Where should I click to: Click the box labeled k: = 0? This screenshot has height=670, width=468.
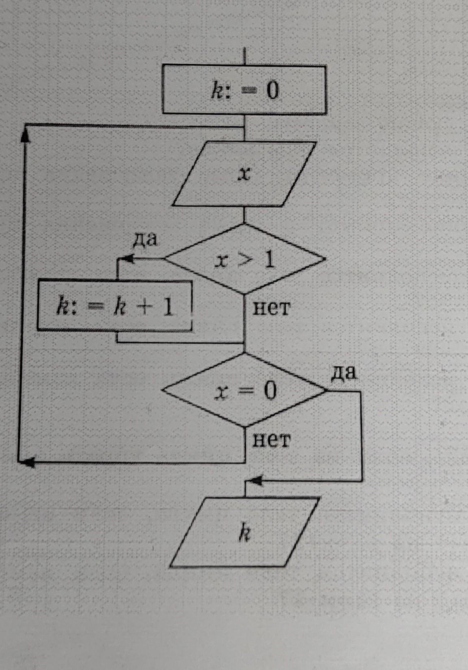point(244,90)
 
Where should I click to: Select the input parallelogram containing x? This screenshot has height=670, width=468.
point(244,174)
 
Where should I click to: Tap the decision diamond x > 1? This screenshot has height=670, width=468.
point(244,259)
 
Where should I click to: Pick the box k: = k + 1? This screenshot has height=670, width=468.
point(114,306)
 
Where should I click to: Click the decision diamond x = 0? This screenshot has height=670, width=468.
point(244,390)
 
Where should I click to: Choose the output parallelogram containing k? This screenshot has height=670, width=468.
point(244,532)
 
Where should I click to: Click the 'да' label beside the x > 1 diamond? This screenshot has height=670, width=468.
point(145,239)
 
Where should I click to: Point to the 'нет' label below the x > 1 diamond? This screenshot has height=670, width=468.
point(272,308)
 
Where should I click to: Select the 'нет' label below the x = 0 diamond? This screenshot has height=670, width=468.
point(272,439)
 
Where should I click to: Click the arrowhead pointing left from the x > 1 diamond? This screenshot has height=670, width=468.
point(127,259)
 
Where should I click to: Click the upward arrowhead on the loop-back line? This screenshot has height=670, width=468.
point(25,136)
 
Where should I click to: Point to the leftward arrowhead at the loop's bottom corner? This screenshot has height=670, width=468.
point(27,462)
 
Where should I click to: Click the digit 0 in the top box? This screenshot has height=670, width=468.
point(272,90)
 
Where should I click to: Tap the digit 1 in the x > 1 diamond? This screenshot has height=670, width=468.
point(269,259)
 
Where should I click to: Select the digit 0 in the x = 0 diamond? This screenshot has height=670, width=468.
point(270,390)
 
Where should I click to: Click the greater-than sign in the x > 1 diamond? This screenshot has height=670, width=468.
point(244,259)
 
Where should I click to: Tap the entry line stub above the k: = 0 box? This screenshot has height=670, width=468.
point(244,56)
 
